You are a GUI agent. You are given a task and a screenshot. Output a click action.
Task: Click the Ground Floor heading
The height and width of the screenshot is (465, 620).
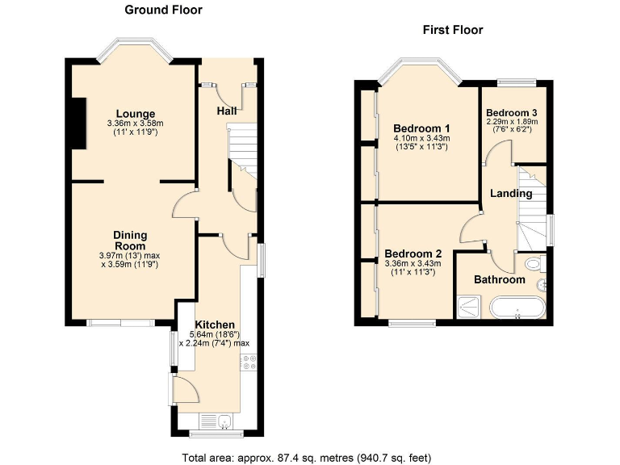coord(163,10)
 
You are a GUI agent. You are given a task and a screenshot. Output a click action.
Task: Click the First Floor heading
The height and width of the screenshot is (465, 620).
coord(453,30)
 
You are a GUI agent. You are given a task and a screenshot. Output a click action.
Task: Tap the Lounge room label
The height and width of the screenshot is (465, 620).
coord(135,113)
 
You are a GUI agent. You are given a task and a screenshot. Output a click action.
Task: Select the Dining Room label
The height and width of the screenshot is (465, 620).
coord(129,241)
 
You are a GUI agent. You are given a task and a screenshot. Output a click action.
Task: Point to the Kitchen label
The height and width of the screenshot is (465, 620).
coord(214,325)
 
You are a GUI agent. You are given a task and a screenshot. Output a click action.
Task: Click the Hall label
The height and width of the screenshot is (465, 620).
coord(228,111)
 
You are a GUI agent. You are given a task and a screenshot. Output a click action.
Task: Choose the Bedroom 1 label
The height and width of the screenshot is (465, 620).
coord(421,128)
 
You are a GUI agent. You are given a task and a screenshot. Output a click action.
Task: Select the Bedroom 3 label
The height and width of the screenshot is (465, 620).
coord(511,112)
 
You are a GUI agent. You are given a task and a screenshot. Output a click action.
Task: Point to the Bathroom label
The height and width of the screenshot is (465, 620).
coord(499,280)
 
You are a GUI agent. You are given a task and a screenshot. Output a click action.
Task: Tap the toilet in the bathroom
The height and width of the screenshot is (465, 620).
coord(534,265)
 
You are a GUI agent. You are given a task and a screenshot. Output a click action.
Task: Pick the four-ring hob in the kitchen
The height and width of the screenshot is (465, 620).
coord(246,365)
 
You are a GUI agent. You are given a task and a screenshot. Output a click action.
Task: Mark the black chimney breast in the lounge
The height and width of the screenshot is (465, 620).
coord(78,124)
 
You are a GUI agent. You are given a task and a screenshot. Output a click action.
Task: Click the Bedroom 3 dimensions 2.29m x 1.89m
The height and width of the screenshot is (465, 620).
coord(511,122)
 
